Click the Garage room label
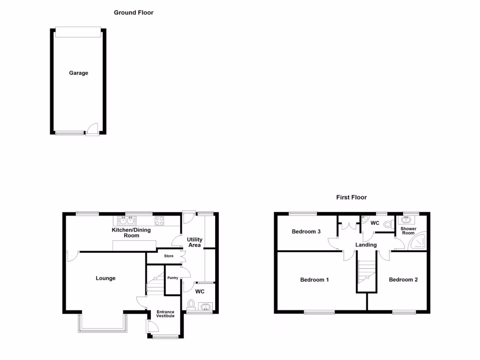point(79,73)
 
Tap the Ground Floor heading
point(134,13)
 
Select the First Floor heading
point(352,197)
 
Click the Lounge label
point(105,278)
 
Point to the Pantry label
point(172,278)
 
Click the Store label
point(169,256)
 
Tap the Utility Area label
point(195,242)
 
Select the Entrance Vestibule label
point(165,314)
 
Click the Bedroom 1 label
point(315,280)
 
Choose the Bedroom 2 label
point(403,280)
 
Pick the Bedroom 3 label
point(306,232)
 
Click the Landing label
point(366,245)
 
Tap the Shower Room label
point(408,231)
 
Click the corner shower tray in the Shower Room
point(419,241)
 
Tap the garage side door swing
point(93,129)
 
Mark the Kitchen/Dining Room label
point(132,232)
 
